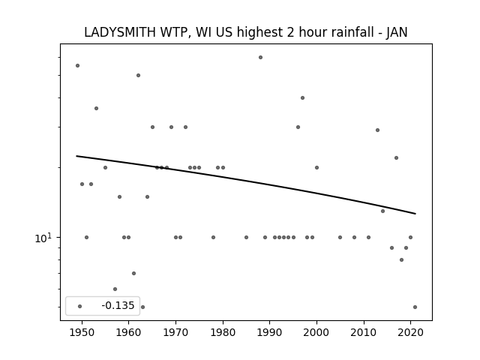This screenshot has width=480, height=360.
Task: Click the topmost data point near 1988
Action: click(x=260, y=57)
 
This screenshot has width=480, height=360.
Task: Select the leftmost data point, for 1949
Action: click(x=77, y=65)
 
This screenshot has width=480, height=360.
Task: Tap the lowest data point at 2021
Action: click(x=415, y=307)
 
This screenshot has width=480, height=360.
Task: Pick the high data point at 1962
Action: click(x=138, y=75)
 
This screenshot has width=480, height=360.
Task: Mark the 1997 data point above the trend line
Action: click(x=302, y=98)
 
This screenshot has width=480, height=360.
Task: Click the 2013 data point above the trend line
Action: click(x=377, y=130)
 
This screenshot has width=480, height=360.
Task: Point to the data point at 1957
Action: click(x=115, y=289)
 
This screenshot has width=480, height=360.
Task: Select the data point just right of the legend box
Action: click(x=142, y=307)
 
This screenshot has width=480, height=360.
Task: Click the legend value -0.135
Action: click(x=118, y=305)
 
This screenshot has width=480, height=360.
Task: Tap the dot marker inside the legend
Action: click(x=80, y=306)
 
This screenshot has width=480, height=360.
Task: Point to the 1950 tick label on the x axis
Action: click(x=82, y=332)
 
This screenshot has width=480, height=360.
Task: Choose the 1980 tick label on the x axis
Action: click(x=223, y=332)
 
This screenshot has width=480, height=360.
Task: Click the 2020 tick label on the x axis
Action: click(x=410, y=332)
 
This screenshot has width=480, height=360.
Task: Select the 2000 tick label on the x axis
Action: click(x=316, y=332)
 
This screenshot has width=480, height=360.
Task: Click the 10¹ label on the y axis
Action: click(x=43, y=238)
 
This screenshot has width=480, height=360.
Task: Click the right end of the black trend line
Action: click(x=415, y=214)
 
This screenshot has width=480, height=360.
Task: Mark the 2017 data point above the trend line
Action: click(x=397, y=158)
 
